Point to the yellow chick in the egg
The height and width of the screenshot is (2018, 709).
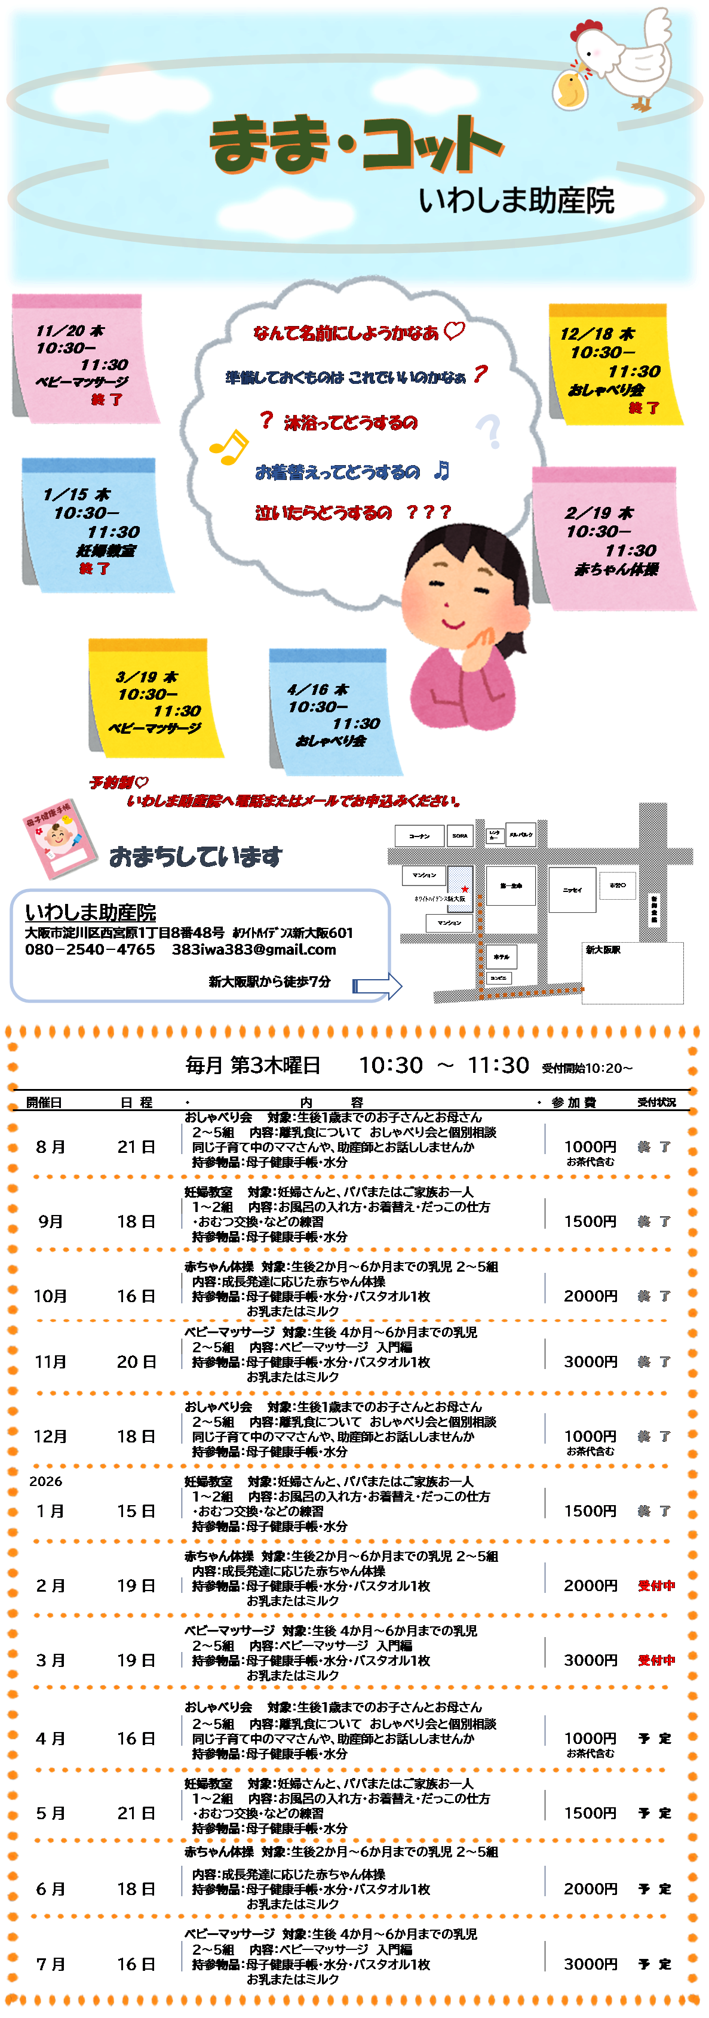570,88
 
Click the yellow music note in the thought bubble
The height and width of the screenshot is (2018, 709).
228,447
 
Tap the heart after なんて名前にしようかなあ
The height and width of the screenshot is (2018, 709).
455,331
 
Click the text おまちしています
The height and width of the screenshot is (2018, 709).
195,857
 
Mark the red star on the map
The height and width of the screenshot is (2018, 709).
465,888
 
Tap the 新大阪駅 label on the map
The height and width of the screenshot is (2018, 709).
603,949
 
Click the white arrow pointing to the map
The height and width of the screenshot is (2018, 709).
377,986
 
